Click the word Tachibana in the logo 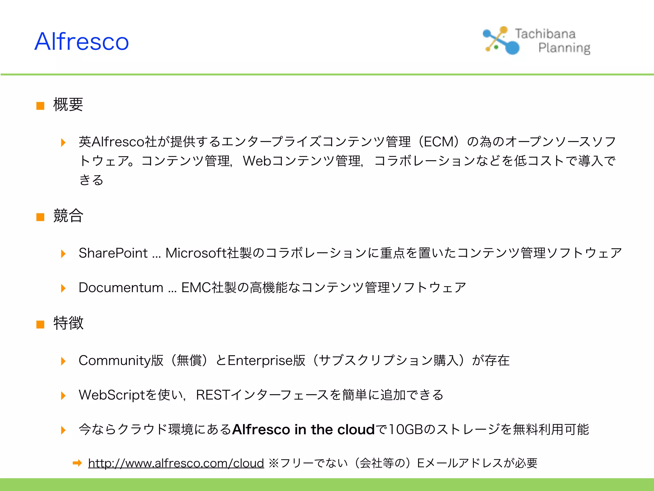pyautogui.click(x=545, y=34)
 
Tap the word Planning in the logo pyautogui.click(x=564, y=48)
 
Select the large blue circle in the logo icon pyautogui.click(x=512, y=48)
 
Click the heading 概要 pyautogui.click(x=68, y=105)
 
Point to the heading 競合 pyautogui.click(x=68, y=215)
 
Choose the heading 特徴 pyautogui.click(x=68, y=323)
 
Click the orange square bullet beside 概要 pyautogui.click(x=40, y=106)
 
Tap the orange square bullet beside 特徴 pyautogui.click(x=40, y=324)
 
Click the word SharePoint pyautogui.click(x=113, y=253)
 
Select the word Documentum pyautogui.click(x=121, y=287)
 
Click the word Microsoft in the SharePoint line pyautogui.click(x=196, y=253)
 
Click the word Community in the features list pyautogui.click(x=114, y=361)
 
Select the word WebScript pyautogui.click(x=112, y=395)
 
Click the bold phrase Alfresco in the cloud pyautogui.click(x=303, y=430)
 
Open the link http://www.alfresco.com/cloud pyautogui.click(x=176, y=463)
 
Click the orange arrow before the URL pyautogui.click(x=77, y=463)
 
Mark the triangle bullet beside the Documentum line pyautogui.click(x=63, y=288)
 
